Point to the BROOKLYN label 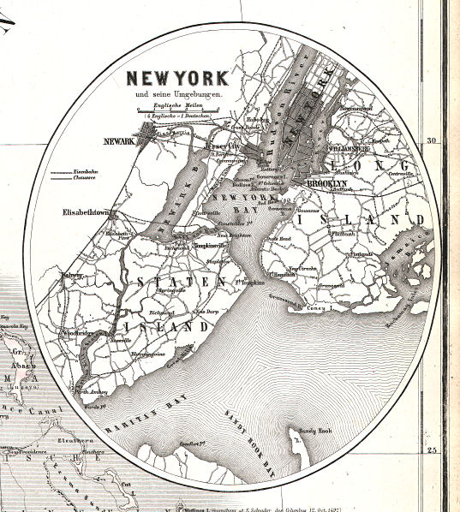coord(327,183)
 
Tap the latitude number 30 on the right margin coord(433,141)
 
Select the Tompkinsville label coord(209,247)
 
